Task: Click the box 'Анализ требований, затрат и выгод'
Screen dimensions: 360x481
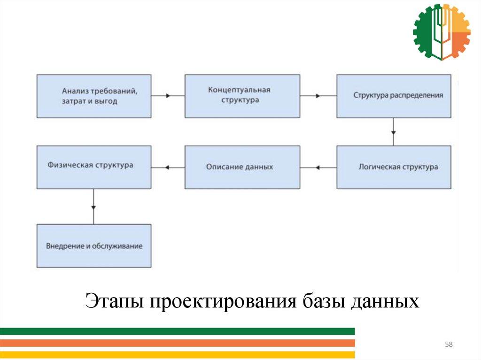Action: click(x=94, y=96)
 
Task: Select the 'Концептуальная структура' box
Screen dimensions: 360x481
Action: click(x=242, y=96)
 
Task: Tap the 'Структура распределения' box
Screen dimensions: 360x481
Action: click(x=394, y=96)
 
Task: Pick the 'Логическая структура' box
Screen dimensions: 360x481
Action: click(x=394, y=167)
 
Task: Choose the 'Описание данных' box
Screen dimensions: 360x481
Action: click(x=242, y=167)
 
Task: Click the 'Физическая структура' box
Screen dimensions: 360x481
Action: click(x=94, y=167)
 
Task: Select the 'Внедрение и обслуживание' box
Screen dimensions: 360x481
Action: click(x=94, y=245)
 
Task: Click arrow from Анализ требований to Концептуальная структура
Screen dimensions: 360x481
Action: click(x=168, y=96)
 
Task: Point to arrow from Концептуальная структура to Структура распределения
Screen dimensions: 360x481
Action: click(x=318, y=96)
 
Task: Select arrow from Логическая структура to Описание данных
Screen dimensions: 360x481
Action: click(x=318, y=167)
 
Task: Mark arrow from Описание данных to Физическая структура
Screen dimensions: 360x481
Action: click(x=168, y=167)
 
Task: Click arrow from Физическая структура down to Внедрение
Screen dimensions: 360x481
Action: click(x=94, y=206)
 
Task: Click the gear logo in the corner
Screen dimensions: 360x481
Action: click(x=441, y=32)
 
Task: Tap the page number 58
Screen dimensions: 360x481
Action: click(x=449, y=345)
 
